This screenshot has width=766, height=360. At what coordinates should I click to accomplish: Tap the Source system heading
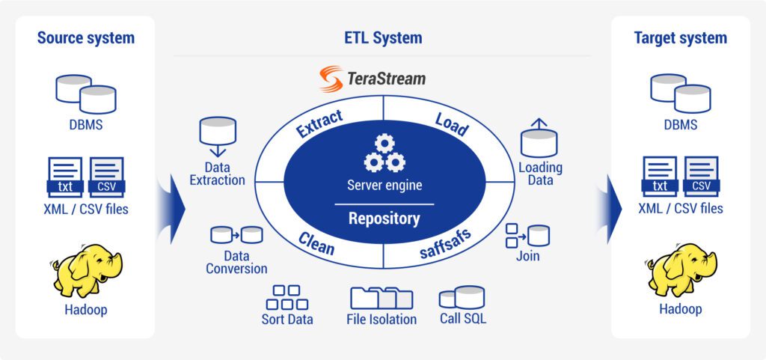tap(85, 37)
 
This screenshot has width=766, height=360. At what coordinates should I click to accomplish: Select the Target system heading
tap(680, 37)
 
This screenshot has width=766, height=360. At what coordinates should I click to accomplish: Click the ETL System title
tap(382, 37)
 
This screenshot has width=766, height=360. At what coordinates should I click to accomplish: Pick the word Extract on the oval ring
tap(319, 123)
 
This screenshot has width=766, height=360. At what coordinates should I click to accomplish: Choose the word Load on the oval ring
tap(451, 124)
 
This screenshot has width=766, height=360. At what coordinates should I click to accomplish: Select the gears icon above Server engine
tap(384, 153)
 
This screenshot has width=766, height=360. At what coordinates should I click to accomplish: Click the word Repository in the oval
tap(384, 219)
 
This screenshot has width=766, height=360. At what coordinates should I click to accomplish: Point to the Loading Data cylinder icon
tap(539, 138)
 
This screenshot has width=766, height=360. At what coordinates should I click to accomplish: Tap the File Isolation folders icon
tap(382, 297)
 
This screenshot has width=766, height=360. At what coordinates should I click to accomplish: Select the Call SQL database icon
tap(462, 297)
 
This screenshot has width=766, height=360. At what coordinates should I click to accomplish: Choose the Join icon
tap(528, 235)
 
